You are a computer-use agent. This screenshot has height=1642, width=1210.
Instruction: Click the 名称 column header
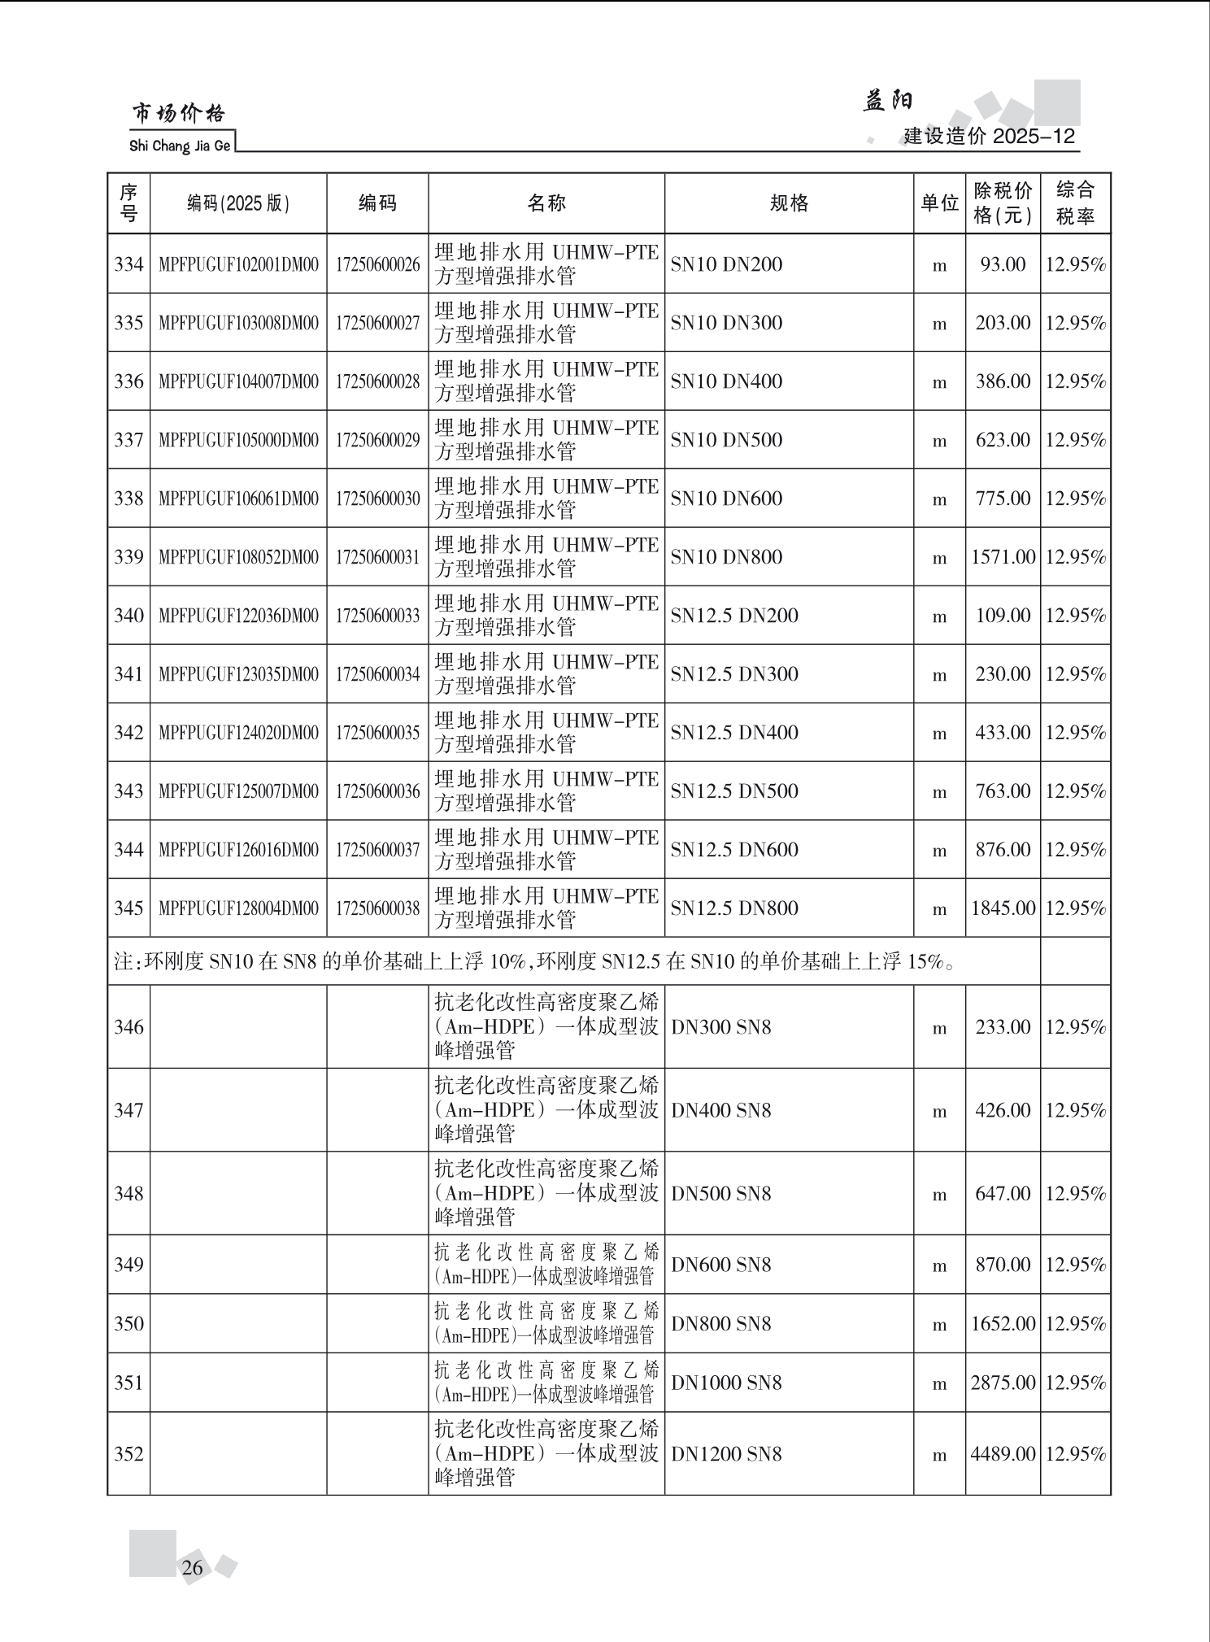tap(546, 203)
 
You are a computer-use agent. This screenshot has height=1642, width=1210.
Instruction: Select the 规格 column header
tap(788, 203)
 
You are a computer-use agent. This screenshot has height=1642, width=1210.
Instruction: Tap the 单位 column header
tap(939, 203)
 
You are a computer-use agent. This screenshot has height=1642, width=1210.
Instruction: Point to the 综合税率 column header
tap(1075, 203)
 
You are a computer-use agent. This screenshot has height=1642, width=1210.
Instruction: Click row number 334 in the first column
tap(128, 264)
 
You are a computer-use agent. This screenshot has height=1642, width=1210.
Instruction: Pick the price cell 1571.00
tap(1003, 557)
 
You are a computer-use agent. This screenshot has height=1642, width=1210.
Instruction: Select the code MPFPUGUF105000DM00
tap(238, 440)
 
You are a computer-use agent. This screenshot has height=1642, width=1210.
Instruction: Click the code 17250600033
tap(377, 616)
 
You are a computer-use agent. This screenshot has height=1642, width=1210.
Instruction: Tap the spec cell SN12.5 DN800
tap(734, 908)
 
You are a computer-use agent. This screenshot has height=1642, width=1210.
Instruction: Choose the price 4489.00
tap(1003, 1453)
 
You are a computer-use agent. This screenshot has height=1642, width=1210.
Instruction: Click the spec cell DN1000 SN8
tap(726, 1383)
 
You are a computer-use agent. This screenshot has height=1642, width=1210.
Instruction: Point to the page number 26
tap(193, 1567)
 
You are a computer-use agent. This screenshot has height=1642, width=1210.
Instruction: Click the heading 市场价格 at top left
tap(179, 114)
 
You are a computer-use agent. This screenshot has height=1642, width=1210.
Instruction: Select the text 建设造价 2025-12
tap(989, 136)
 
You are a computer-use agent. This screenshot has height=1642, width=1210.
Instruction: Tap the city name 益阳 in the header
tap(887, 101)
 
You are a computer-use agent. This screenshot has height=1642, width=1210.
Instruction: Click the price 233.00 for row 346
tap(1003, 1027)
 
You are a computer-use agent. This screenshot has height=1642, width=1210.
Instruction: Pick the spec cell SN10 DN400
tap(726, 381)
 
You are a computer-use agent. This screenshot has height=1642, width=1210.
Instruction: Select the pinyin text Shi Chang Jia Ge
tap(180, 146)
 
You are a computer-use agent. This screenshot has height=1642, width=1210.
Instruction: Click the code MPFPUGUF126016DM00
tap(238, 850)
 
